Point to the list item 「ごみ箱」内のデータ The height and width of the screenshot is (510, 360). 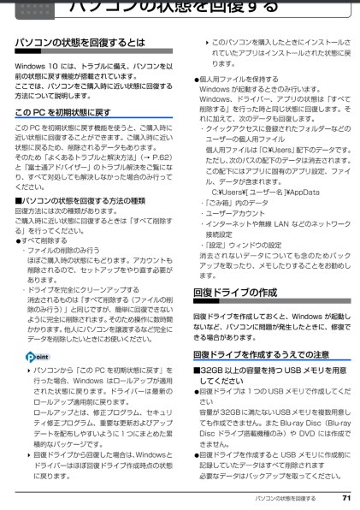click(x=232, y=203)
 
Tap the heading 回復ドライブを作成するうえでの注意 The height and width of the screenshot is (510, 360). click(x=261, y=353)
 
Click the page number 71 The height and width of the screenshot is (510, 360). click(x=345, y=496)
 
